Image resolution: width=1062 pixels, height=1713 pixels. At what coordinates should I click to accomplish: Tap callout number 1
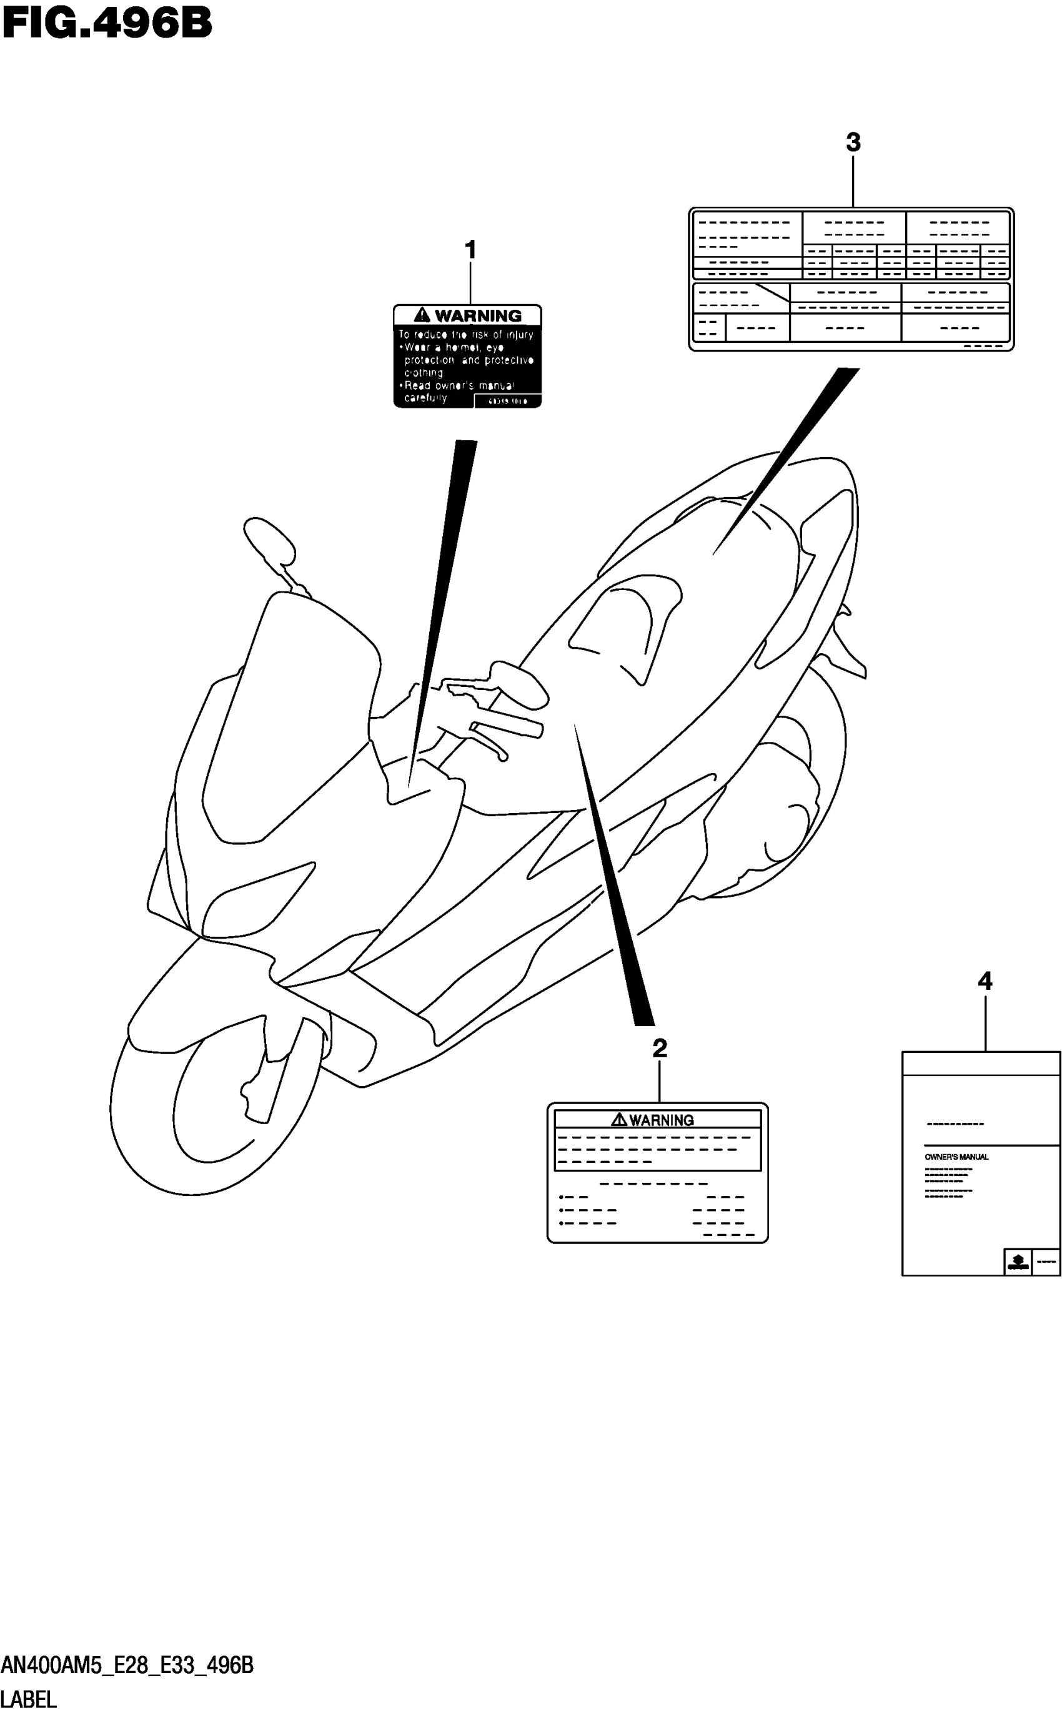pos(470,250)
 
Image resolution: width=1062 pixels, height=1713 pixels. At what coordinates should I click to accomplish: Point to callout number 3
pos(853,142)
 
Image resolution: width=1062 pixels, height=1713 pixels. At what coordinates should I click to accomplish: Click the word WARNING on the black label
pos(478,316)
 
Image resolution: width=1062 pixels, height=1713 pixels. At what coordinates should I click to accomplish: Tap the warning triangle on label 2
pos(619,1119)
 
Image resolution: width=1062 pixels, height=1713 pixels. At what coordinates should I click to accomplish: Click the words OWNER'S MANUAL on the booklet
pos(956,1157)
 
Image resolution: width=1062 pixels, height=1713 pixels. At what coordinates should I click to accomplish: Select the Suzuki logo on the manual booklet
pos(1017,1261)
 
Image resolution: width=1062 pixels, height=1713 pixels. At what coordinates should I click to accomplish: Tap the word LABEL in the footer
pos(29,1699)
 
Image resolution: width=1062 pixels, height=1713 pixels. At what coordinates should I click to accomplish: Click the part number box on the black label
pos(507,402)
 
